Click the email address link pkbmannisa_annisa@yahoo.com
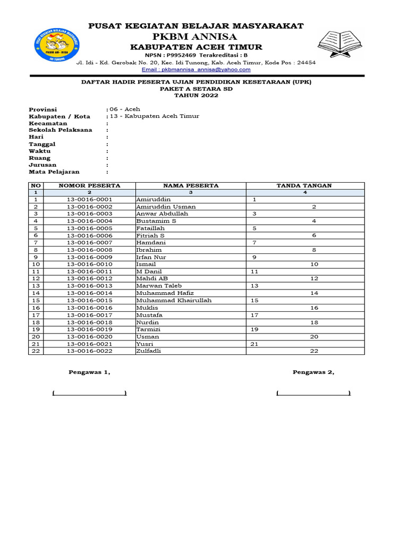[x=195, y=70]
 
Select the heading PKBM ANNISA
[x=195, y=36]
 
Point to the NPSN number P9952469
[x=181, y=55]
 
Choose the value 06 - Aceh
[x=125, y=109]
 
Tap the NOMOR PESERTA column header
[x=89, y=185]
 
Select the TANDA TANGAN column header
[x=304, y=185]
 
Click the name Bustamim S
[x=156, y=220]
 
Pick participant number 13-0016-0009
[x=89, y=257]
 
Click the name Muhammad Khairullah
[x=174, y=300]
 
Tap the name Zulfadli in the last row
[x=149, y=351]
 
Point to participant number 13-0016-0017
[x=89, y=314]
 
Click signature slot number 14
[x=314, y=293]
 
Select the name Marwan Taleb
[x=158, y=285]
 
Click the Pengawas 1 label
[x=89, y=372]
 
